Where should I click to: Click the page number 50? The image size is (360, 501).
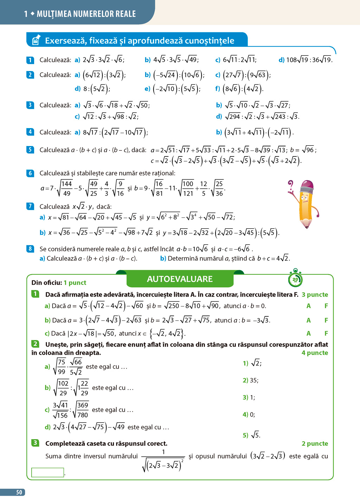[x=19, y=492]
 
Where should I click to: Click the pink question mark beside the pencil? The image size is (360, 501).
[x=290, y=185]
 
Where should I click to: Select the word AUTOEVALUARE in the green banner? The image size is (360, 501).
[x=180, y=279]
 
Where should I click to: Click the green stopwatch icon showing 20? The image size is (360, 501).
[x=295, y=279]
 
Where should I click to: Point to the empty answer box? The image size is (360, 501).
[x=48, y=472]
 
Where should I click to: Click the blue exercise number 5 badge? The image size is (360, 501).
[x=30, y=150]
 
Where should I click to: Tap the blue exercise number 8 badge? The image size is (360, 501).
[x=30, y=249]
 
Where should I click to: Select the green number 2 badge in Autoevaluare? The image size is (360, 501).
[x=35, y=344]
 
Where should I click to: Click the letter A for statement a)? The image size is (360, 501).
[x=308, y=306]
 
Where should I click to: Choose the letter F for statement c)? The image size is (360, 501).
[x=326, y=333]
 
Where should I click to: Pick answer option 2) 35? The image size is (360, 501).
[x=251, y=380]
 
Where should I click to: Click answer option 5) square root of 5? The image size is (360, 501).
[x=252, y=435]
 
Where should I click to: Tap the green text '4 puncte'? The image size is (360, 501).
[x=315, y=353]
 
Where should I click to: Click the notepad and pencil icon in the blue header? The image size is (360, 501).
[x=36, y=40]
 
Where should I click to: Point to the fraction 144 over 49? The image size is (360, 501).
[x=66, y=189]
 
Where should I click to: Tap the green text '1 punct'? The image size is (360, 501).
[x=75, y=283]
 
